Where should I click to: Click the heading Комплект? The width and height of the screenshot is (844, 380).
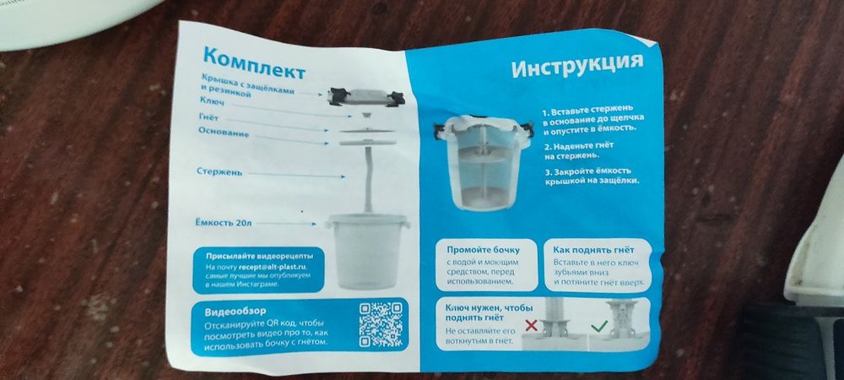[254, 63]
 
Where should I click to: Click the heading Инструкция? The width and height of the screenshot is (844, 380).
[577, 65]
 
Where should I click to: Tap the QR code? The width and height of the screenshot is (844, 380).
[381, 324]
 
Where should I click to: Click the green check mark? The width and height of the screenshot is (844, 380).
[598, 326]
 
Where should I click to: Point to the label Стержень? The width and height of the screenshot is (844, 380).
[219, 171]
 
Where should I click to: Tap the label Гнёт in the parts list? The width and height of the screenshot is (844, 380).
[208, 117]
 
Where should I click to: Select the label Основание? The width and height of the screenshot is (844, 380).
[224, 133]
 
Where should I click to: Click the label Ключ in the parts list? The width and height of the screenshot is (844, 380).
[212, 101]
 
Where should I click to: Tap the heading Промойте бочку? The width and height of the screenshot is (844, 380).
[484, 250]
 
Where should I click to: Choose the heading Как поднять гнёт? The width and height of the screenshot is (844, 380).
[593, 250]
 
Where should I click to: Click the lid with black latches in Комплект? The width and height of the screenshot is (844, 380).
[366, 97]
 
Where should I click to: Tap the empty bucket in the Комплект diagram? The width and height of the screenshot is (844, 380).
[368, 251]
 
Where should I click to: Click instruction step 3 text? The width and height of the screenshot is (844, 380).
[592, 176]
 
